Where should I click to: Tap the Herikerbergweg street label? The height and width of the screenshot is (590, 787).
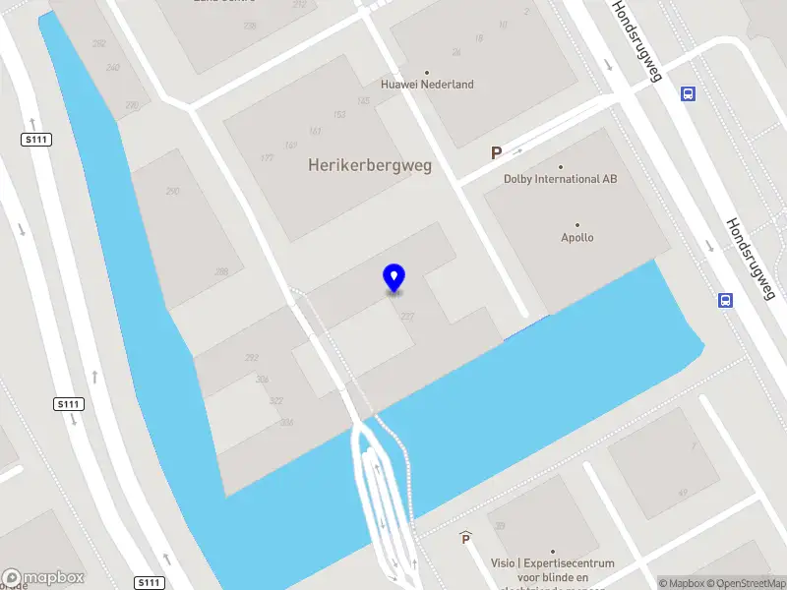click(370, 166)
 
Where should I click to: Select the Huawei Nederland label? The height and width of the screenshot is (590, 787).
click(428, 85)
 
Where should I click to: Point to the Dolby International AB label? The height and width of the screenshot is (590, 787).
click(561, 179)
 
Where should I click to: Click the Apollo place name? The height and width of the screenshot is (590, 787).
click(577, 238)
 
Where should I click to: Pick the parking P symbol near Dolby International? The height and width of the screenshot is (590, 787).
click(497, 153)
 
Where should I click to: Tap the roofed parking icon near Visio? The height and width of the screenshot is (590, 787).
click(465, 538)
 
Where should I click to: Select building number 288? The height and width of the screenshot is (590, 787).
click(221, 271)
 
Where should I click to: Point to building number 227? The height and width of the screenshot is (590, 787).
click(407, 316)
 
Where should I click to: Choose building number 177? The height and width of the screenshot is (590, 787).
click(267, 158)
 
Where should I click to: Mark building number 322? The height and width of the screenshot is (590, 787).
click(275, 400)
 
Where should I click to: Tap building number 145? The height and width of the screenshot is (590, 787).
click(363, 101)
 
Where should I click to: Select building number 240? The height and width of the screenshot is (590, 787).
click(113, 68)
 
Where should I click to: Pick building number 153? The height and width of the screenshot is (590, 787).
click(339, 115)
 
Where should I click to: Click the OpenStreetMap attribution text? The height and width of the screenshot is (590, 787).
click(741, 583)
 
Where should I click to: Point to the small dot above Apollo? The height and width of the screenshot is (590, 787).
click(577, 225)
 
